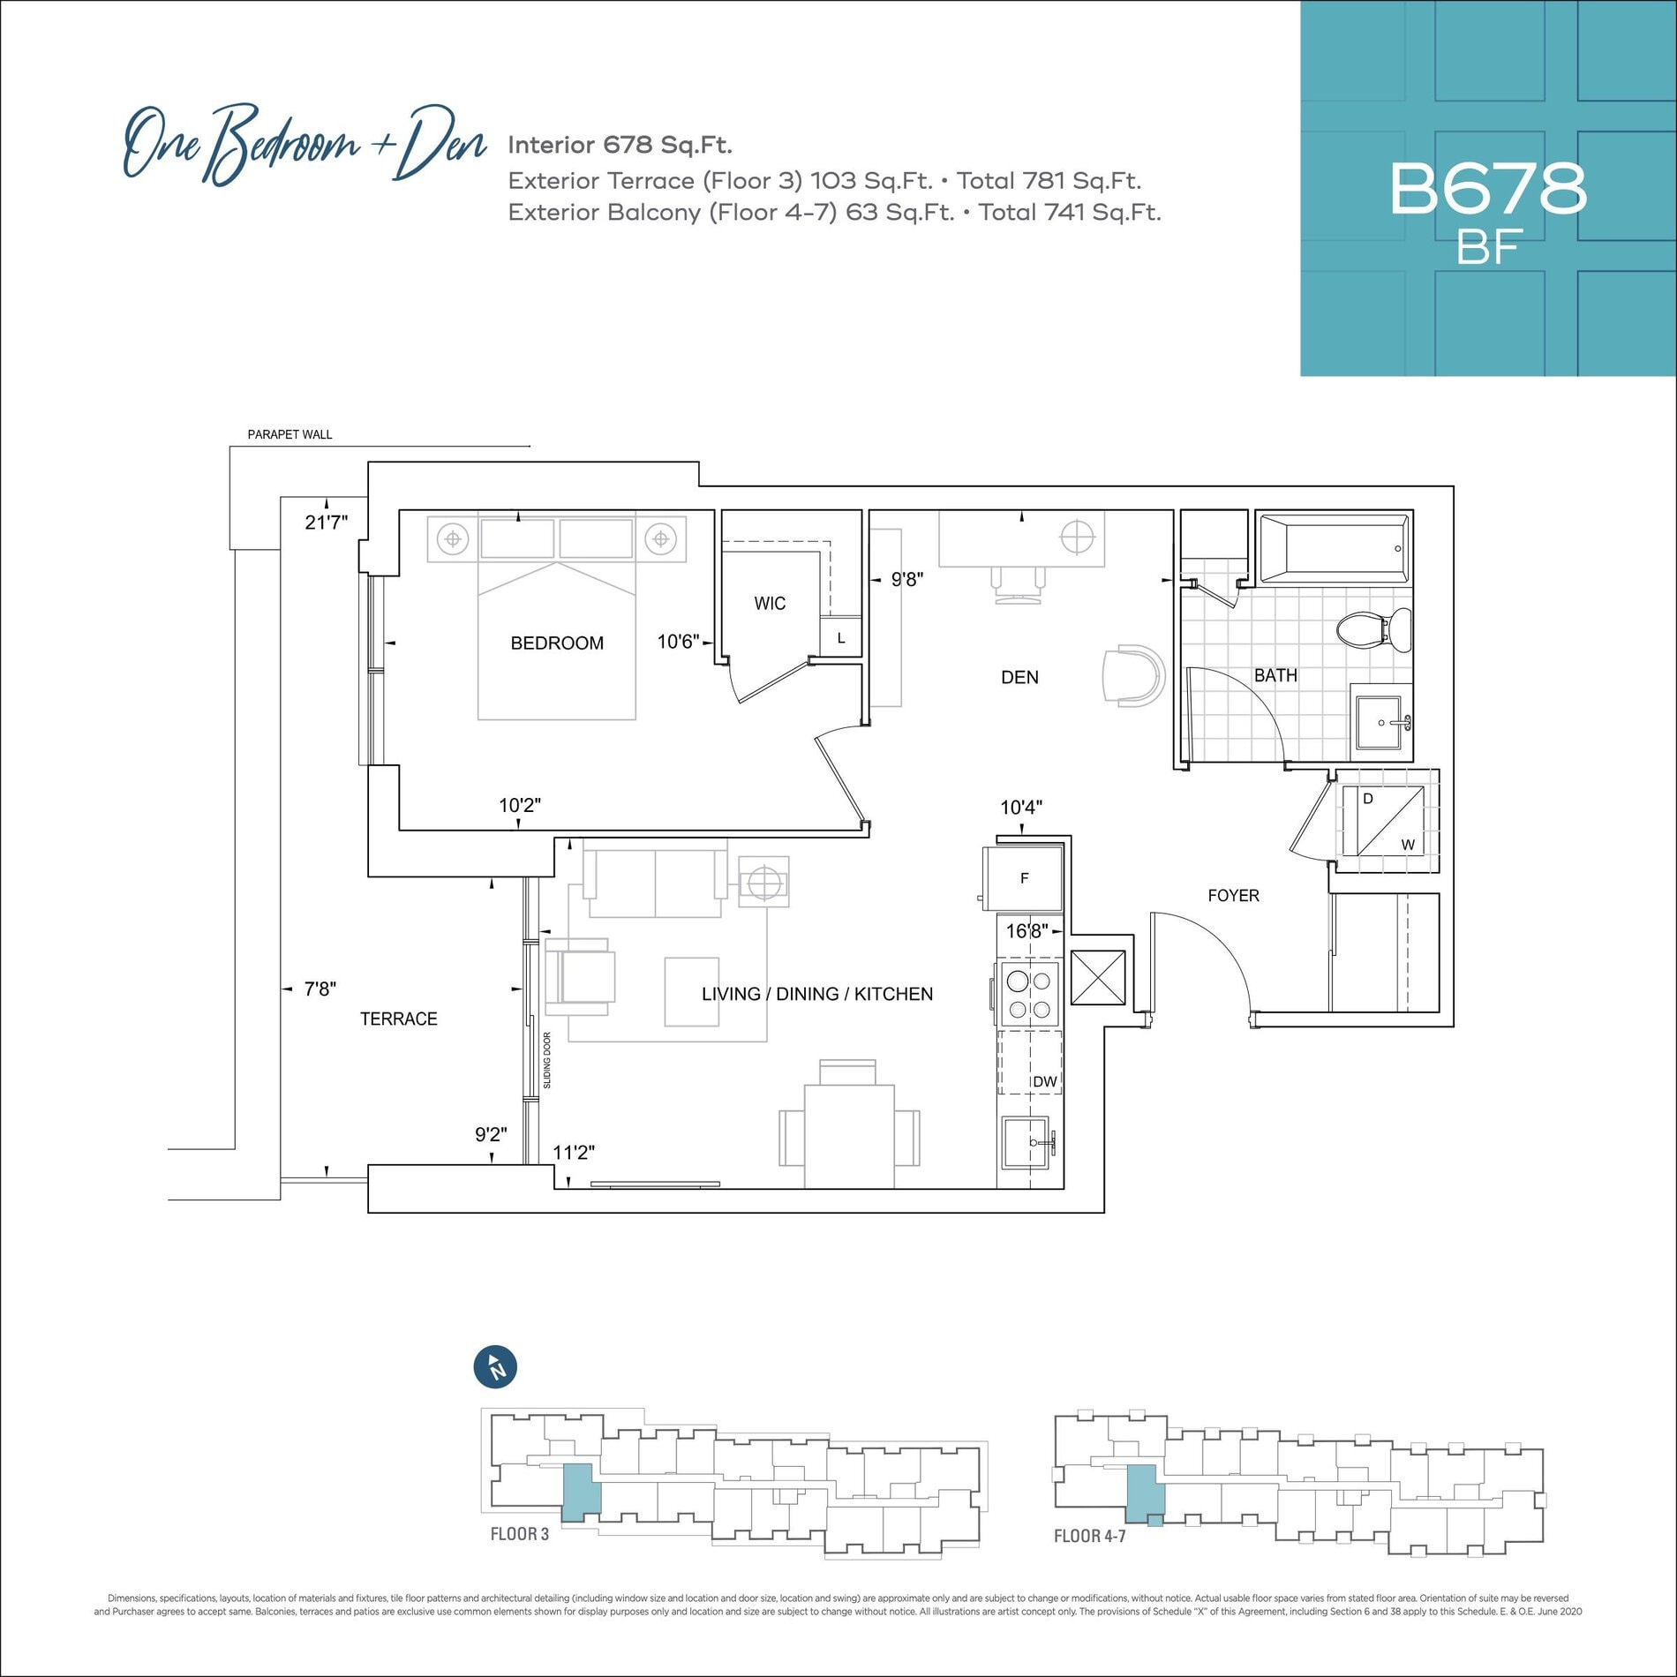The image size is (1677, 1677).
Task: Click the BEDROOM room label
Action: click(x=557, y=643)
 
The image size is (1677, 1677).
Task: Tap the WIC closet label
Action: click(x=770, y=604)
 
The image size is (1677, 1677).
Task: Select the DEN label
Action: click(x=1019, y=677)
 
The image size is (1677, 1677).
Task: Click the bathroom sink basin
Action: click(x=1378, y=722)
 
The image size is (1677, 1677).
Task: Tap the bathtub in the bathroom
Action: click(x=1334, y=549)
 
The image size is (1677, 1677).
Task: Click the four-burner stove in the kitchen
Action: click(x=1029, y=995)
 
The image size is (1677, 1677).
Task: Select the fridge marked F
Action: click(x=1023, y=878)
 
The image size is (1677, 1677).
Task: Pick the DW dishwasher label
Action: click(x=1045, y=1082)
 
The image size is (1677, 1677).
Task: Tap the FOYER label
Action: click(x=1233, y=896)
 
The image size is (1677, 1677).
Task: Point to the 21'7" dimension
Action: click(x=326, y=523)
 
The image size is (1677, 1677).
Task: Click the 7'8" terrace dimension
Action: click(x=320, y=989)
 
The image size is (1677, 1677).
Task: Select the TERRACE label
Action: click(x=398, y=1019)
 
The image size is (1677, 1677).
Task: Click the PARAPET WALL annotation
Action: click(x=290, y=434)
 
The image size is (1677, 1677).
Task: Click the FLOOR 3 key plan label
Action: click(x=519, y=1534)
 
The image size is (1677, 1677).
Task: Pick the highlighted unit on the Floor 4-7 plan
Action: click(x=1146, y=1493)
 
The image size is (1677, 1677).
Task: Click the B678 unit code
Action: click(x=1488, y=188)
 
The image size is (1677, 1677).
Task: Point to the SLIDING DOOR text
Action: click(x=547, y=1060)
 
